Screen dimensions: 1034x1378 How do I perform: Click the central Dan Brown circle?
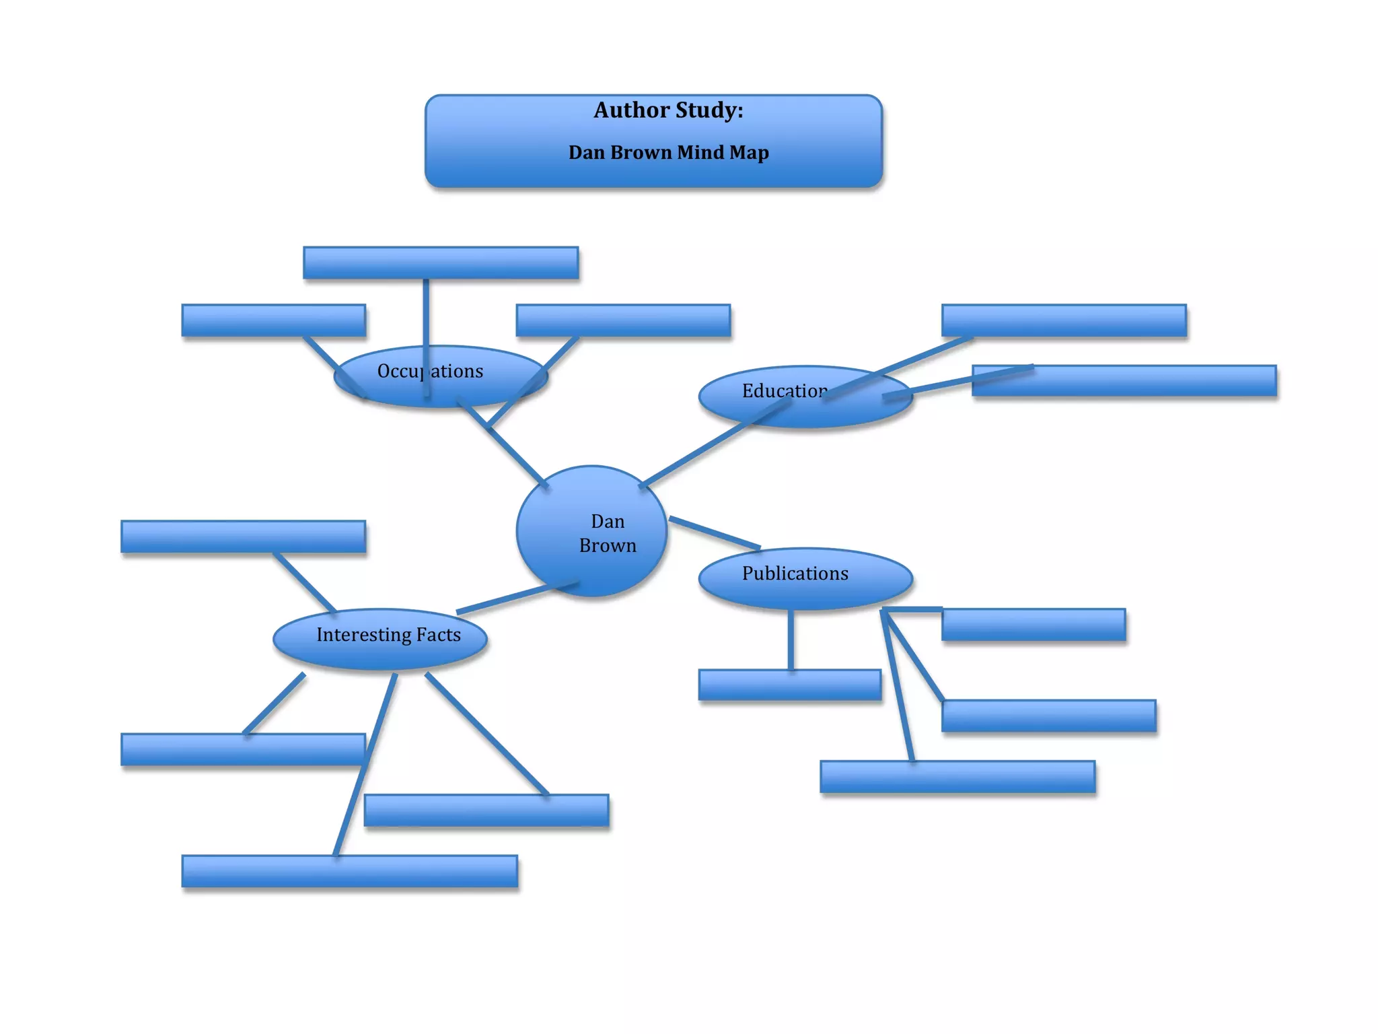(x=591, y=531)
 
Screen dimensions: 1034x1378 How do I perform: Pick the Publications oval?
(x=805, y=578)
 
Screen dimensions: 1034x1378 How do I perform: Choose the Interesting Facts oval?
(x=380, y=639)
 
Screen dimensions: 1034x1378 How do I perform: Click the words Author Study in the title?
(x=668, y=110)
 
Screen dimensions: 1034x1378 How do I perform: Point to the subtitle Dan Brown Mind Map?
(x=668, y=153)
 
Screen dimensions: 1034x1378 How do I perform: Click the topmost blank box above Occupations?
(x=441, y=263)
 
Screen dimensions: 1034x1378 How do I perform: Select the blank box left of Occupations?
(x=274, y=320)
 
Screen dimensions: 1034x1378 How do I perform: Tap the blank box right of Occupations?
(x=623, y=320)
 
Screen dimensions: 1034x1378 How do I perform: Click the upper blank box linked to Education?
(x=1064, y=320)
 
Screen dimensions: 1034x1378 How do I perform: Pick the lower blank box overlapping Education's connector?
(x=1144, y=381)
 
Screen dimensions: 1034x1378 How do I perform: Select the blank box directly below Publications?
(x=790, y=685)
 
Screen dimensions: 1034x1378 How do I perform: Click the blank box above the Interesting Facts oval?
(x=243, y=537)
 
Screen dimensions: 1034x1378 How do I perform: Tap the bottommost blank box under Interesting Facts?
(x=350, y=871)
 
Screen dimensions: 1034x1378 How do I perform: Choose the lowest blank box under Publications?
(x=957, y=777)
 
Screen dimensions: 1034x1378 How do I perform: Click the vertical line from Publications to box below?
(x=791, y=640)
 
